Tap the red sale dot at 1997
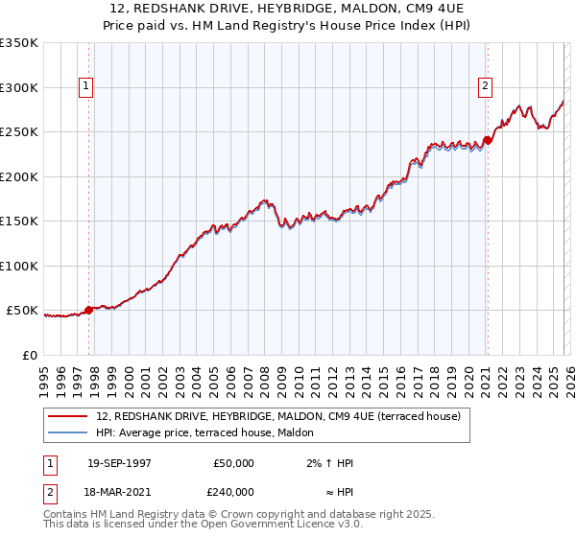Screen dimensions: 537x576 coord(89,310)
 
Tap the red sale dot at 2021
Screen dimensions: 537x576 coord(488,141)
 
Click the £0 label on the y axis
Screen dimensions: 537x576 coord(29,355)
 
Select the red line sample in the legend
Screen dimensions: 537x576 coord(68,416)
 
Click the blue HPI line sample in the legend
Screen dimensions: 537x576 coord(68,432)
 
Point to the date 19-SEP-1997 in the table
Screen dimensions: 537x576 coord(119,463)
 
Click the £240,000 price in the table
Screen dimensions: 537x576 coord(232,491)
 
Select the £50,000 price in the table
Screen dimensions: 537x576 coord(232,463)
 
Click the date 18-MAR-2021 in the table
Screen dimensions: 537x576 coord(119,491)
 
